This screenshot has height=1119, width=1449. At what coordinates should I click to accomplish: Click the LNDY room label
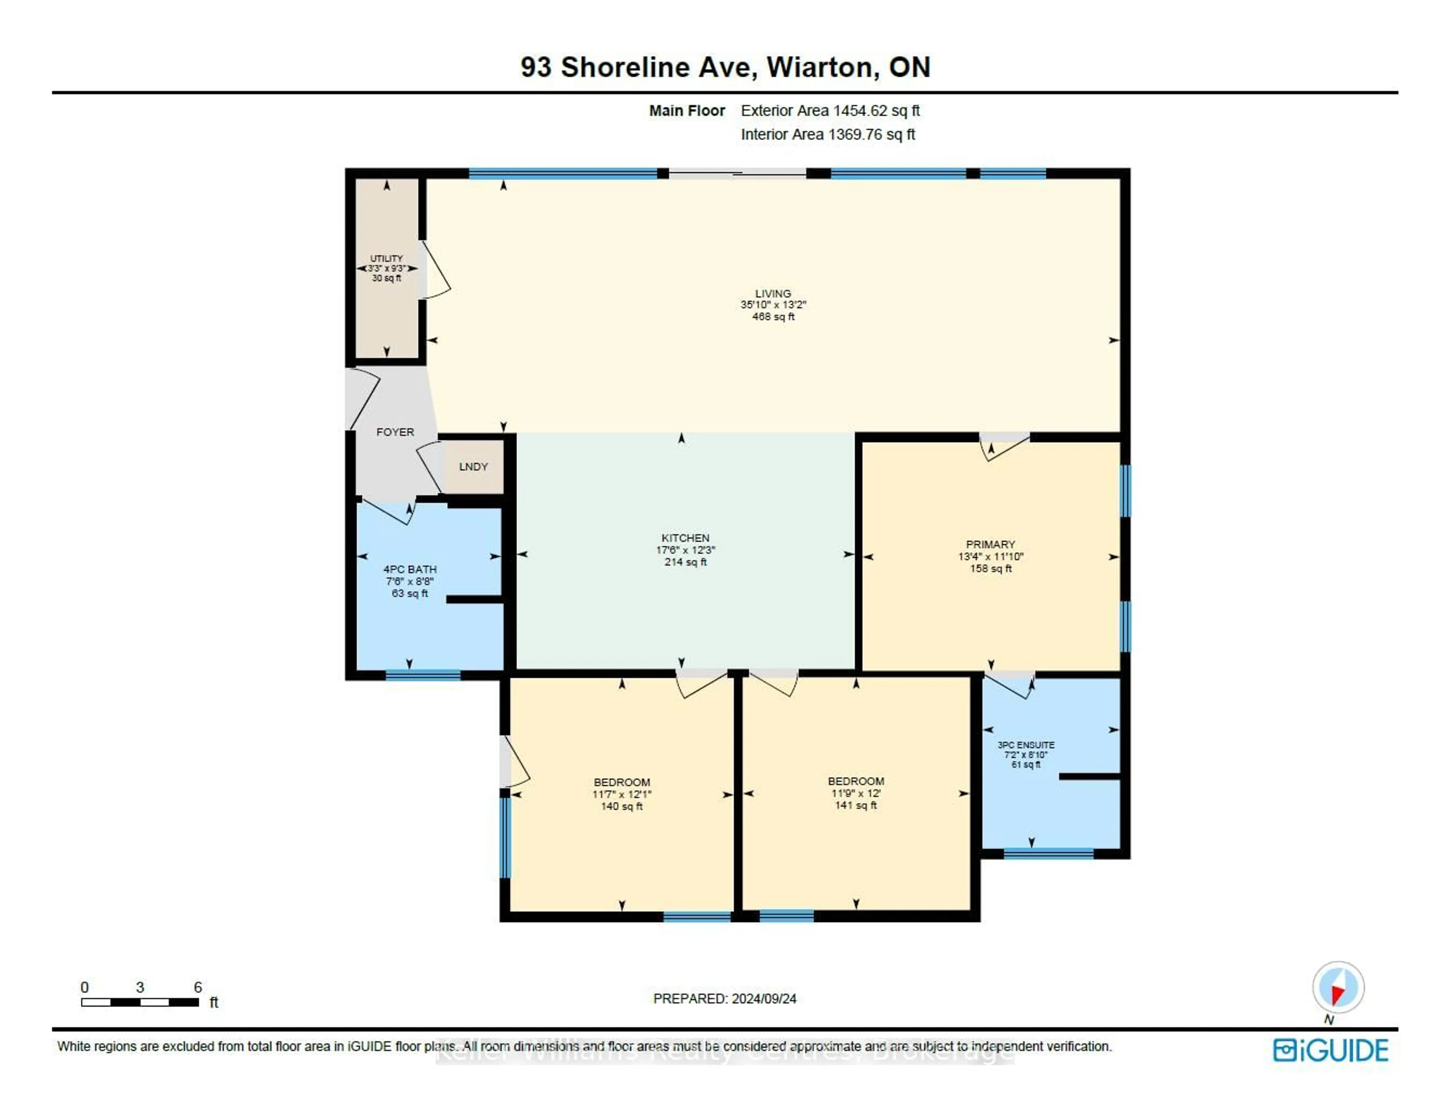[473, 467]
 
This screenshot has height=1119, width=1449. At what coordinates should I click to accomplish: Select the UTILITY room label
[386, 258]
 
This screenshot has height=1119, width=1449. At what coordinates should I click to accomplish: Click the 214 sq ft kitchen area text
[685, 562]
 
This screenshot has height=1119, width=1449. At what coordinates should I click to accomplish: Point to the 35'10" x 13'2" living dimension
[773, 305]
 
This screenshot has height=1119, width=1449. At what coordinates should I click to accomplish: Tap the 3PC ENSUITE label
[1026, 744]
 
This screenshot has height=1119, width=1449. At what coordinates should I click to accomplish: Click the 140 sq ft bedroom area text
[621, 806]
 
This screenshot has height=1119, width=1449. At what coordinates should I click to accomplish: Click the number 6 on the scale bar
[198, 987]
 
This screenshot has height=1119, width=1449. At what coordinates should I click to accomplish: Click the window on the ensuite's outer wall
[1048, 854]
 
